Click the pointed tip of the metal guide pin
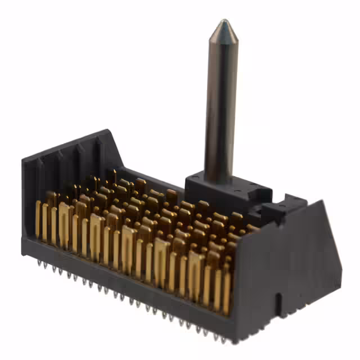pos(224,22)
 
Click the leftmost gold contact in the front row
pos(38,219)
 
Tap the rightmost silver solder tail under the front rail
pos(223,339)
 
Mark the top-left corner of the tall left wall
pos(24,160)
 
